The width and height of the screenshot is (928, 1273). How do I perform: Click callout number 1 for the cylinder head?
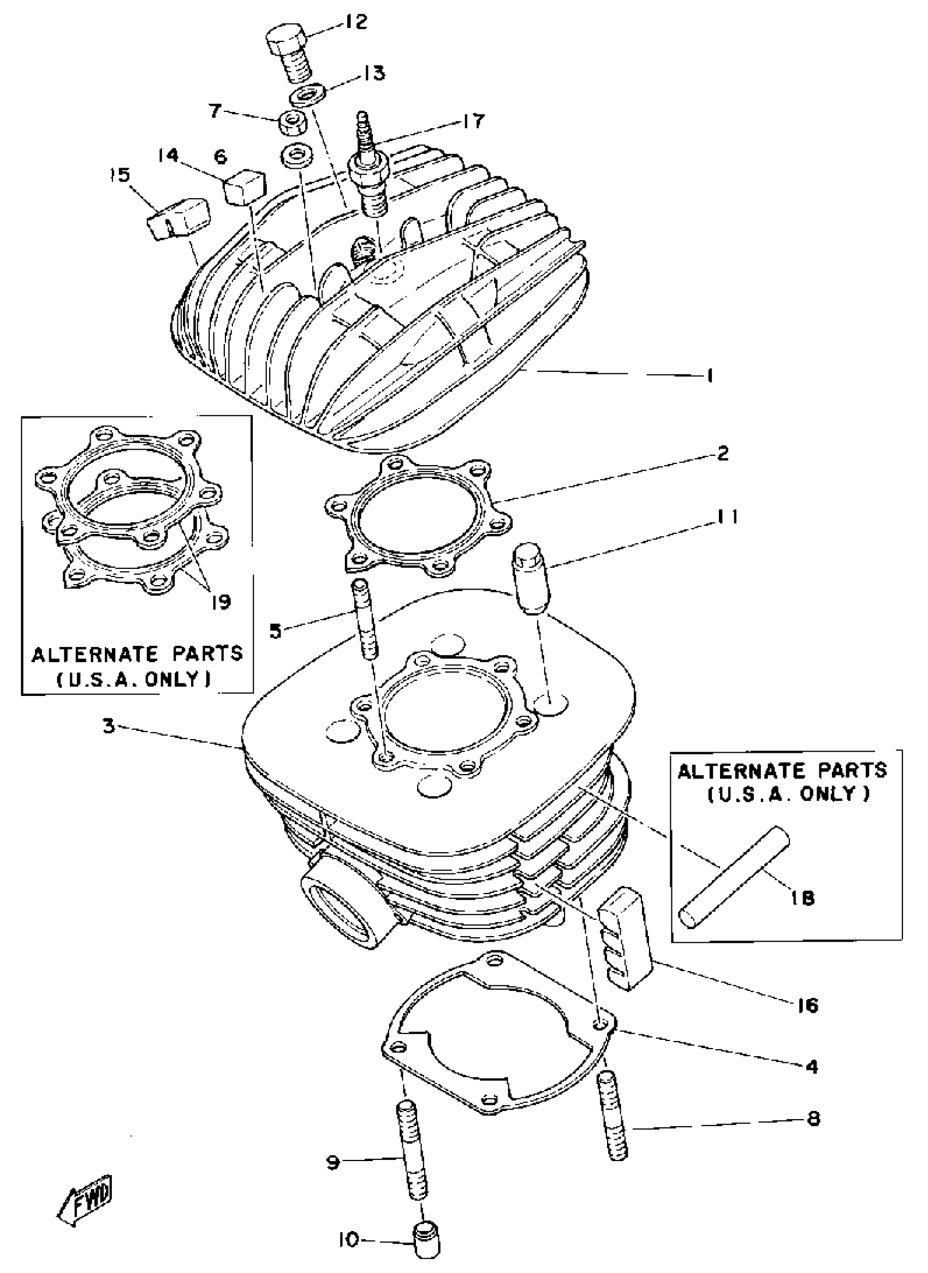point(710,375)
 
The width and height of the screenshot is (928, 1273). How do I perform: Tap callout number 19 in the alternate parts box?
point(221,603)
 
